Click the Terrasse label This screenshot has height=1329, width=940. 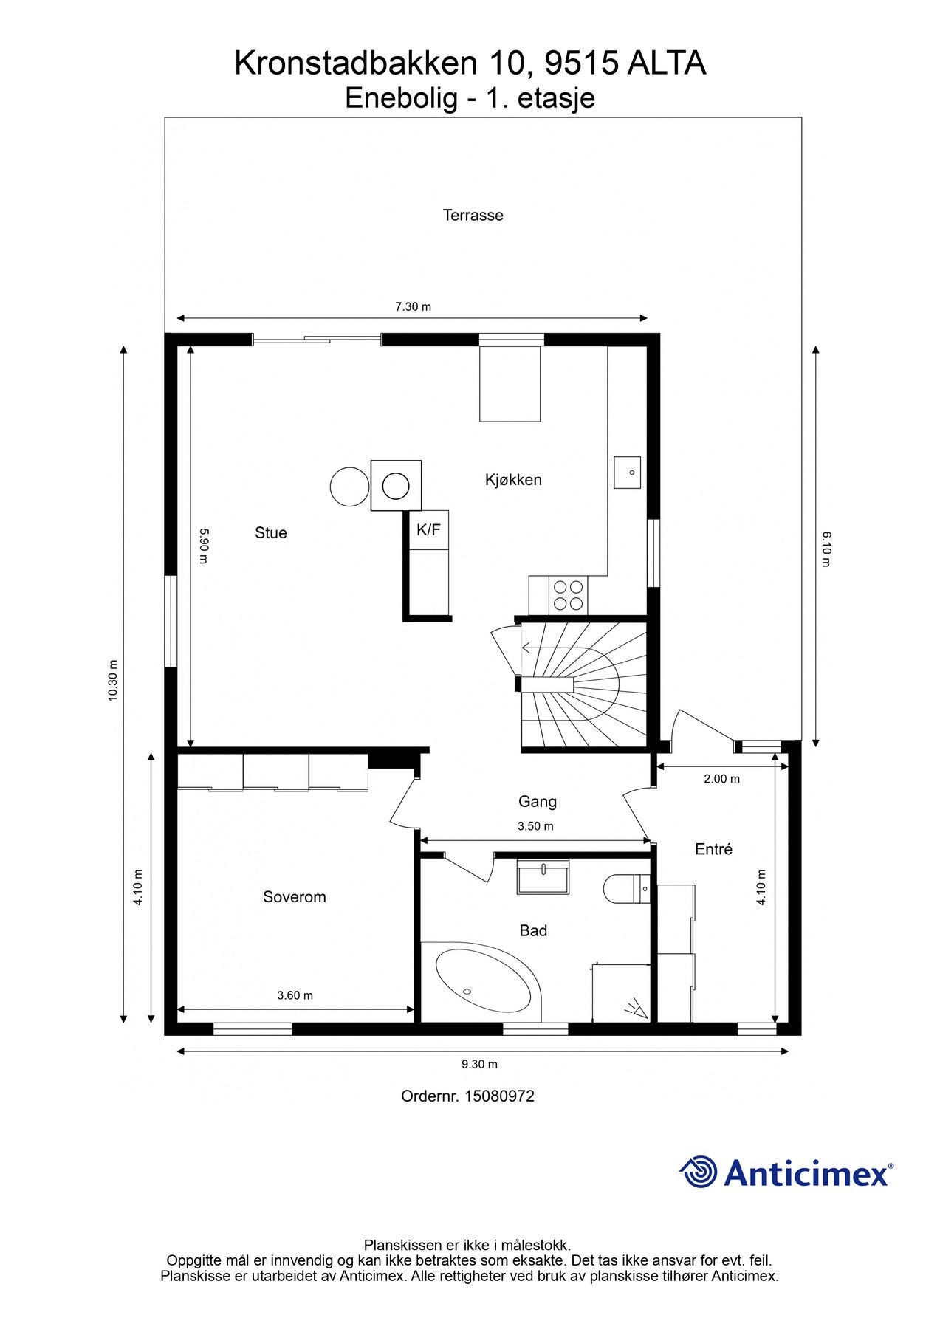(473, 216)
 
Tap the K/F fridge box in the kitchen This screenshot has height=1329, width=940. (429, 529)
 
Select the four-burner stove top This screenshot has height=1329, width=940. (568, 595)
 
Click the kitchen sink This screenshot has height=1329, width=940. (628, 473)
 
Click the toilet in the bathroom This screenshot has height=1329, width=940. (626, 889)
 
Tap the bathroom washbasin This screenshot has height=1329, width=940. (543, 876)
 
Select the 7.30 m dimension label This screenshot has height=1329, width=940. (413, 306)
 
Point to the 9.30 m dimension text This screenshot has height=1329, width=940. (480, 1064)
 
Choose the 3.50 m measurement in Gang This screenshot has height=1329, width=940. (535, 826)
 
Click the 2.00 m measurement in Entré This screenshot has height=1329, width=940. (721, 779)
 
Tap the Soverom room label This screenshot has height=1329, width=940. (294, 897)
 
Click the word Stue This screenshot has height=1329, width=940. (271, 533)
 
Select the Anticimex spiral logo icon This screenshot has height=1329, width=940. (699, 1172)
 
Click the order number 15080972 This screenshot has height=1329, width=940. (500, 1096)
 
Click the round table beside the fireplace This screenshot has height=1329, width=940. (349, 487)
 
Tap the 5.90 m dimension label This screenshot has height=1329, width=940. (204, 546)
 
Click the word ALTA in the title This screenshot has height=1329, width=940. (667, 63)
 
